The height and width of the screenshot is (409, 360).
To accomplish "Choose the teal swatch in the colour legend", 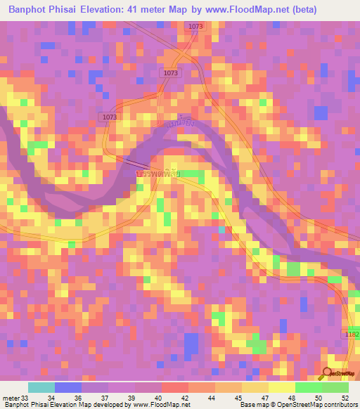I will point(41,387).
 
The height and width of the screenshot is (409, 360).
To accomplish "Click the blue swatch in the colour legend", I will point(68,387).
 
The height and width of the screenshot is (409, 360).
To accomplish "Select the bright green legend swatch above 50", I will point(309,387).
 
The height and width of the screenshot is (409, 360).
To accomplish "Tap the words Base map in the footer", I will point(251,405).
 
